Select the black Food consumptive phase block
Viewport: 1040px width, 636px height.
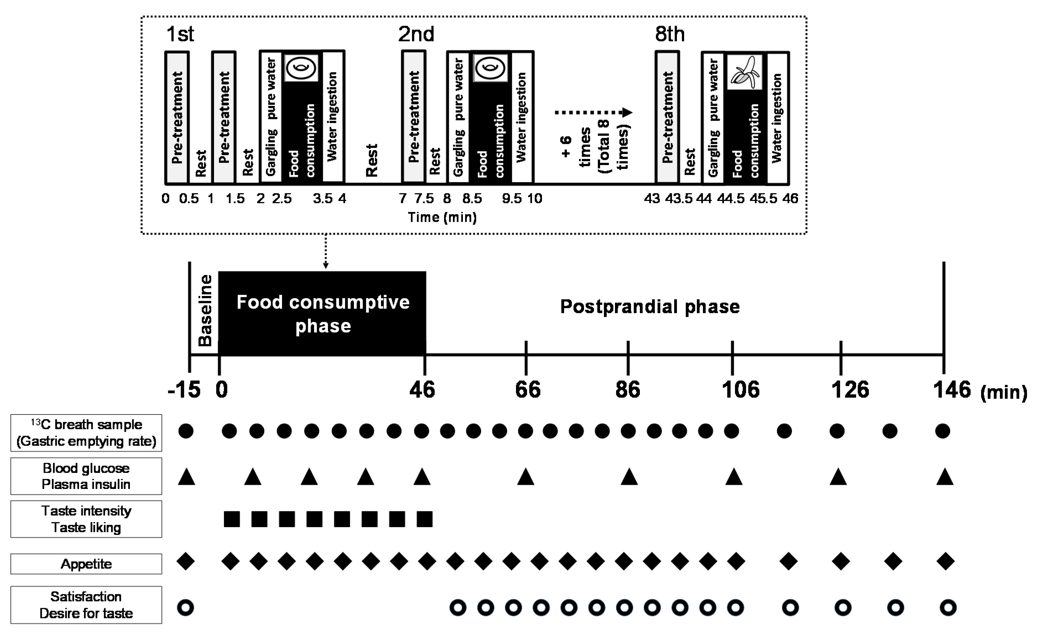[x=322, y=313]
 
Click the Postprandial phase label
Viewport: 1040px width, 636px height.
[x=650, y=307]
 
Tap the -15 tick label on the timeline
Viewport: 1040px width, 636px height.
[x=184, y=389]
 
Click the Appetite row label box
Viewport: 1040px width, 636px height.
[x=86, y=564]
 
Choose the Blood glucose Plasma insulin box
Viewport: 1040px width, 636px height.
[x=86, y=476]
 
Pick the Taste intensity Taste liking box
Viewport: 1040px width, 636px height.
[x=86, y=519]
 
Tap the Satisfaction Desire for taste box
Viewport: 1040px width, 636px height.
[x=86, y=605]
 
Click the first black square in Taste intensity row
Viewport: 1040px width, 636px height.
[x=232, y=519]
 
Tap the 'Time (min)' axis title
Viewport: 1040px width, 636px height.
[x=442, y=217]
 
